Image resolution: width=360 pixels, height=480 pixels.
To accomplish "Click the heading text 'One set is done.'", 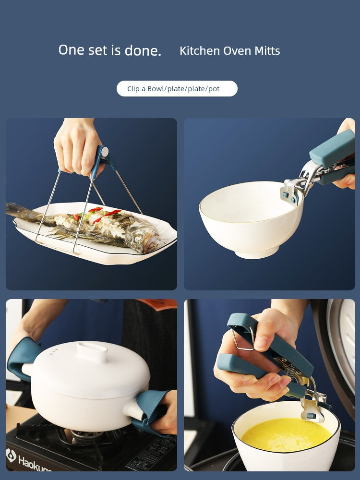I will (109, 50).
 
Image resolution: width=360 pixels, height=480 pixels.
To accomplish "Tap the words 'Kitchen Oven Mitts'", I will (229, 51).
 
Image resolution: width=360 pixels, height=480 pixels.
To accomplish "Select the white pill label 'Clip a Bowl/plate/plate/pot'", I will (177, 89).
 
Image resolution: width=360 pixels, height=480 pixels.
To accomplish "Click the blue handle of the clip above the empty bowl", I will (332, 150).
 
